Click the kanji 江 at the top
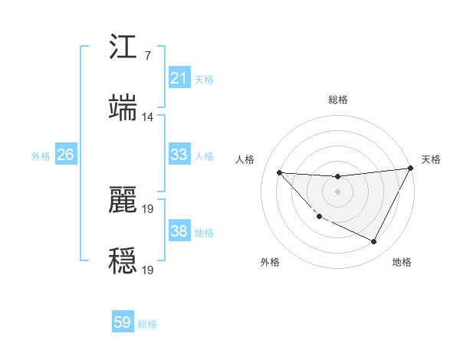pos(123,48)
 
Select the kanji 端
pos(123,107)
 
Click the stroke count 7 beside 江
pos(147,57)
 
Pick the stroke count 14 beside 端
pos(147,117)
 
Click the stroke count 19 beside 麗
pos(149,208)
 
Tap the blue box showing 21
pos(179,78)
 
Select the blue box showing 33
pos(179,155)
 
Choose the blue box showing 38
pos(179,231)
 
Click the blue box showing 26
pos(65,155)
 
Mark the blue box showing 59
pos(123,322)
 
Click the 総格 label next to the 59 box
pos(147,324)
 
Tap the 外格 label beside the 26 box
pos(41,156)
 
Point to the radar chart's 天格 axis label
pos(431,159)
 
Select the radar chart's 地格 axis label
pos(402,262)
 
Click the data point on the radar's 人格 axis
pos(279,172)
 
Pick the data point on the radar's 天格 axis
pos(410,168)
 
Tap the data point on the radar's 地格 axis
pos(374,242)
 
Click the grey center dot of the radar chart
pos(337,191)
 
